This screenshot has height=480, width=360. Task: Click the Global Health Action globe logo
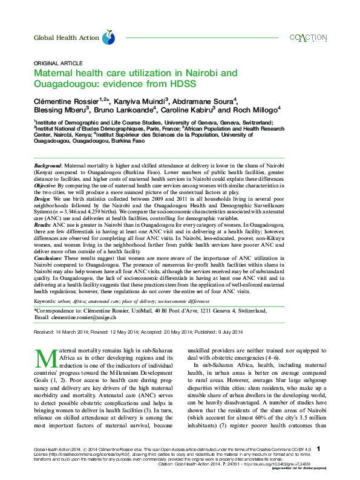108,37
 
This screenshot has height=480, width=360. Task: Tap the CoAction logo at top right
308,37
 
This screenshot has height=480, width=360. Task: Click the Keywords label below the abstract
45,300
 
